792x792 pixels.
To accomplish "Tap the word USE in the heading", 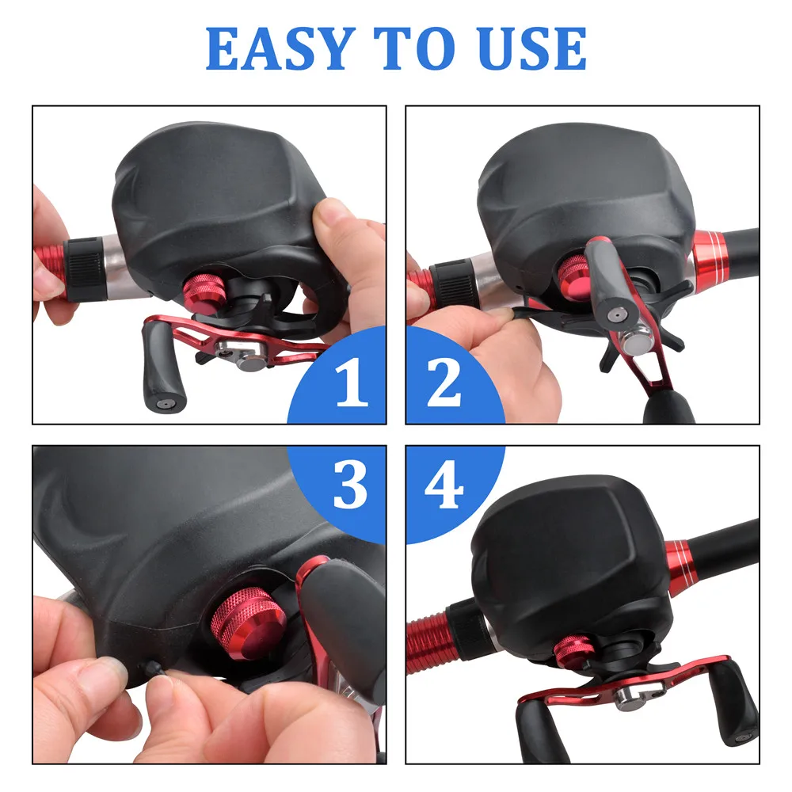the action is (532, 48).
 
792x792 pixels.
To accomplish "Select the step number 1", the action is (352, 382).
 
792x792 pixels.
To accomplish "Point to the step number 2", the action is (444, 383).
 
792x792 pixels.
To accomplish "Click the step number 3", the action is (350, 485).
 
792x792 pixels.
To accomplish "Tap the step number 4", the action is (444, 485).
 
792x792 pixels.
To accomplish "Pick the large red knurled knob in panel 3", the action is (247, 623).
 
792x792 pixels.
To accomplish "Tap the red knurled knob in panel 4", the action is (573, 650).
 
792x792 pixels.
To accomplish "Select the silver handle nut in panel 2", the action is (636, 341).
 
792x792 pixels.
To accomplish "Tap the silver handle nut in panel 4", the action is (638, 692).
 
